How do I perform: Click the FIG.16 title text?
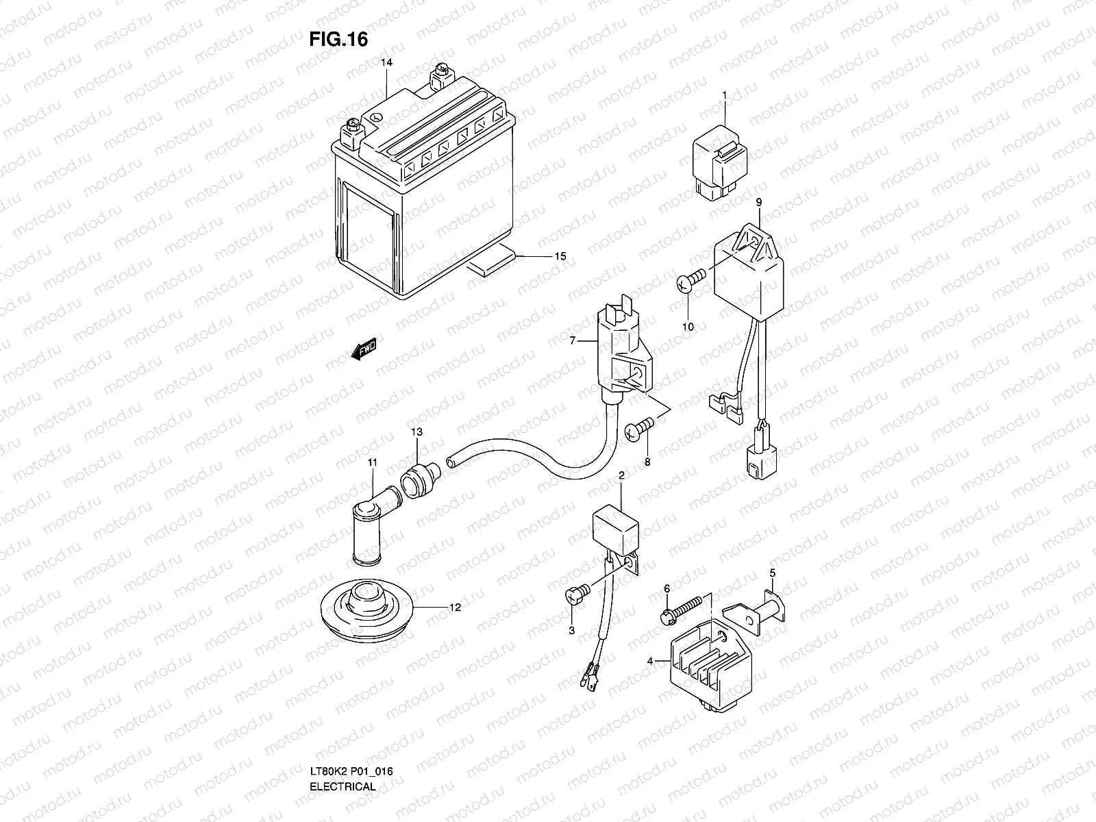[x=338, y=40]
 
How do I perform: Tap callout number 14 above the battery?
[x=387, y=62]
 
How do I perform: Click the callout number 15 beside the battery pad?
[x=560, y=256]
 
